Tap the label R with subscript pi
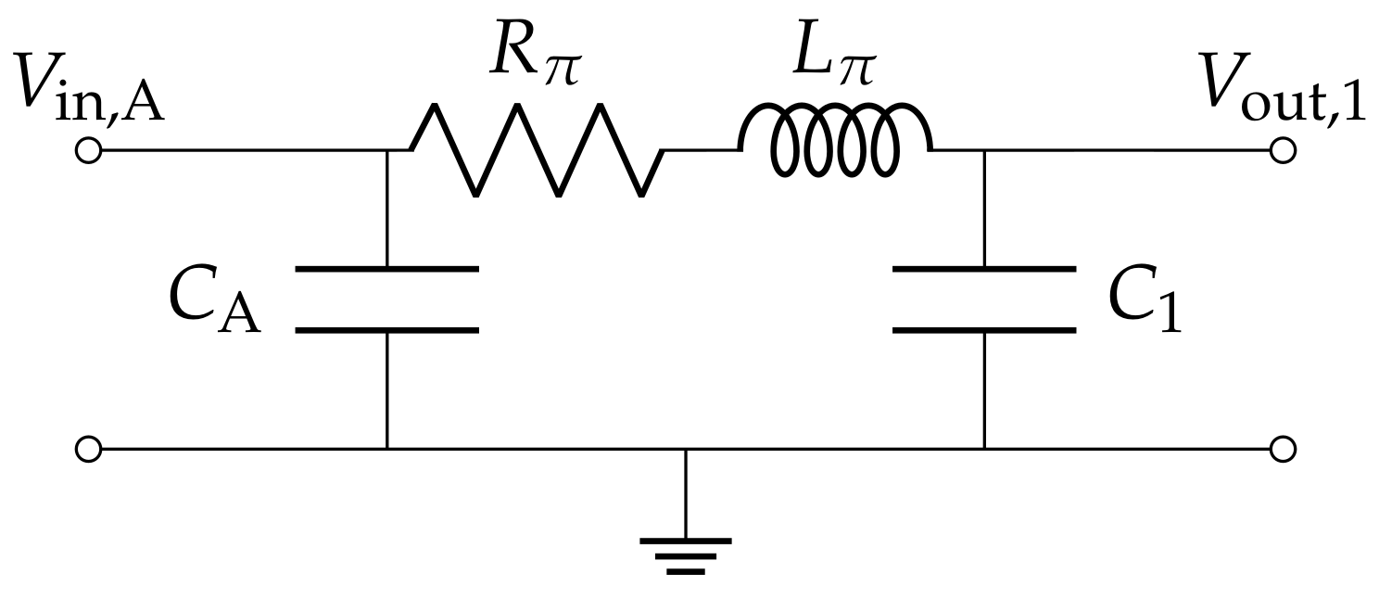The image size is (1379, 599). [535, 58]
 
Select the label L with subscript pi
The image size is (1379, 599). [833, 58]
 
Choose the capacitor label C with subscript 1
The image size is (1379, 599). [1145, 301]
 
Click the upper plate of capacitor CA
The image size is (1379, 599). [386, 269]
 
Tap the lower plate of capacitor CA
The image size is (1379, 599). [386, 328]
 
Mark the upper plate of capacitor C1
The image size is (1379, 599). [984, 269]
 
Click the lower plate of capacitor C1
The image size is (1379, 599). [984, 328]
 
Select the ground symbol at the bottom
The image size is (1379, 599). [685, 553]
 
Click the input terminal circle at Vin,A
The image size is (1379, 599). [87, 150]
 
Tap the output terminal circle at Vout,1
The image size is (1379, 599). [1282, 150]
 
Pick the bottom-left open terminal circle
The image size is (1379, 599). [87, 450]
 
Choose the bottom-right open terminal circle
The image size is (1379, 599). [1282, 450]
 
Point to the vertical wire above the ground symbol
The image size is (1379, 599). [685, 491]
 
